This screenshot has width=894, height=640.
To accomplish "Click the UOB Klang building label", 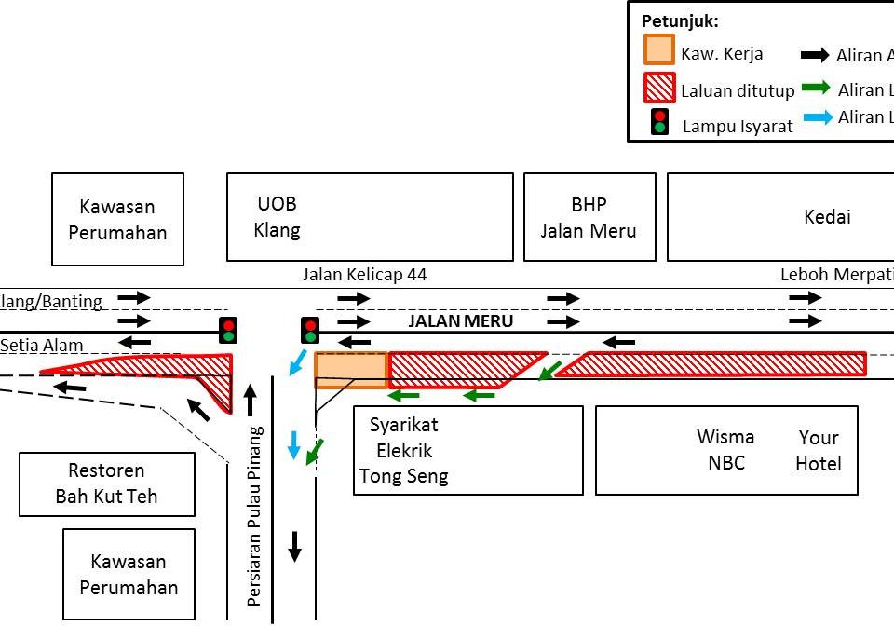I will tap(278, 216).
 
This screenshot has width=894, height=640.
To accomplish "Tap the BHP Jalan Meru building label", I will tap(589, 217).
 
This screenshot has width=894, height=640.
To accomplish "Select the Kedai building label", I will tap(827, 217).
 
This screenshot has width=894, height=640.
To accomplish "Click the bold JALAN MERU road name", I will tap(461, 320).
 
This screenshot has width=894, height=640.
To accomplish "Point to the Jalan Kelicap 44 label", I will tap(364, 275).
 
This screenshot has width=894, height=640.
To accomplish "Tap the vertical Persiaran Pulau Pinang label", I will tap(254, 516).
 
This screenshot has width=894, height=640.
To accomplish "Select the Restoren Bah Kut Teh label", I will tap(106, 483).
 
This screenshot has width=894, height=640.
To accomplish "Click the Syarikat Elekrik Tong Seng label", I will tap(404, 451).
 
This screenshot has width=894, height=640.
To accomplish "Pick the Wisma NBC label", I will tap(725, 449).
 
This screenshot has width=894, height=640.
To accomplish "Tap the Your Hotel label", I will tap(819, 451).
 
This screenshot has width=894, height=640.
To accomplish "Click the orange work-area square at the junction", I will tap(350, 370).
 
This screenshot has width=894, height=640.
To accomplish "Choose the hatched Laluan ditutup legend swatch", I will tap(658, 88).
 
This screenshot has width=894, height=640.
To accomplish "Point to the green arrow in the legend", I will tap(816, 89).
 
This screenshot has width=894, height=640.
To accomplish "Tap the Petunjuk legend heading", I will tap(680, 20).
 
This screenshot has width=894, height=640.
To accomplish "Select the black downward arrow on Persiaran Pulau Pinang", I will tap(294, 546).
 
